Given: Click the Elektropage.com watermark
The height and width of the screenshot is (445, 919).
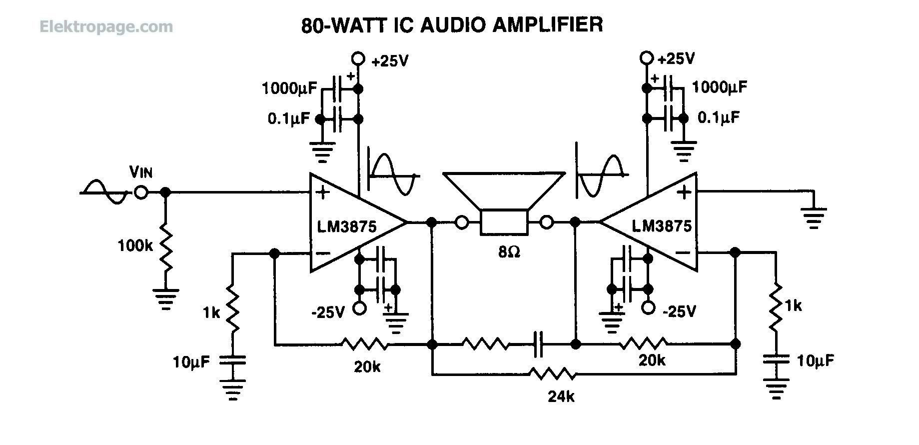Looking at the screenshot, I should (x=106, y=26).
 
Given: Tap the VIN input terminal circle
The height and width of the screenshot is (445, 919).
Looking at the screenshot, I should (x=141, y=192).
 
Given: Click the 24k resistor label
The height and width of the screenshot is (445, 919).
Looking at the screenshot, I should (x=561, y=397).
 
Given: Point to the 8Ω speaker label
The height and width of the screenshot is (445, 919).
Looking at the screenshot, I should (x=509, y=252).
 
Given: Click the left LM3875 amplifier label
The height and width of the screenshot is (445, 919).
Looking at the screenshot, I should (x=346, y=226).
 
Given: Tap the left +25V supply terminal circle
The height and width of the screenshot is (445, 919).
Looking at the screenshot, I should (x=358, y=58).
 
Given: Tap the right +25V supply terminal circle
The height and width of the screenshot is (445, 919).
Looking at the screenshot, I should (x=647, y=58).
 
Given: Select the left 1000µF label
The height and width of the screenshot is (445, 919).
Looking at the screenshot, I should (x=289, y=89).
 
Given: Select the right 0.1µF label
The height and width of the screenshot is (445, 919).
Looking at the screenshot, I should (x=718, y=118).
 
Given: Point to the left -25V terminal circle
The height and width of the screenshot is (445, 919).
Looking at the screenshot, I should (x=359, y=308).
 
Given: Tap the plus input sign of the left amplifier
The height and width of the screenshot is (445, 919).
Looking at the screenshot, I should (x=323, y=192).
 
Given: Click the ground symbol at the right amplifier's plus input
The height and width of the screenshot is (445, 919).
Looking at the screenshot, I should (x=814, y=215).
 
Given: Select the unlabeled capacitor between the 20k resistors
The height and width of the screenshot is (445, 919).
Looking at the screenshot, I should (x=538, y=344).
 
